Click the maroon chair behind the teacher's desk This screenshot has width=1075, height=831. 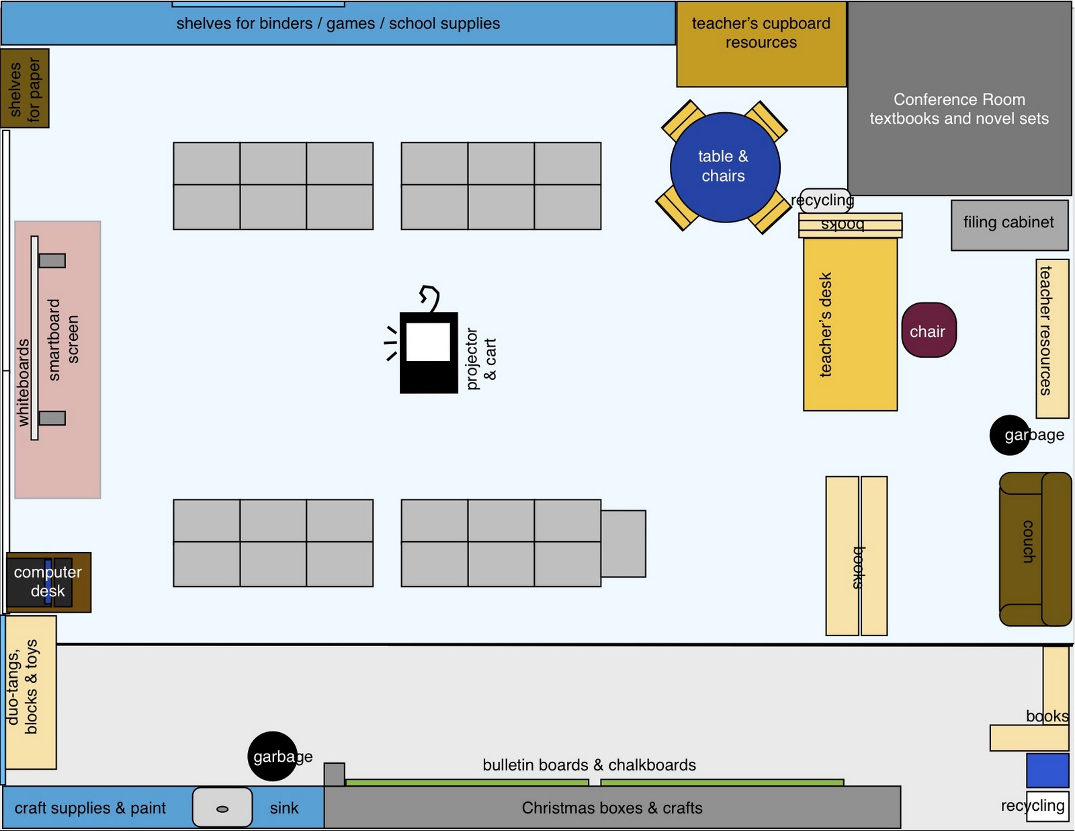click(x=928, y=329)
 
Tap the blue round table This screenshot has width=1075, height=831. click(x=724, y=167)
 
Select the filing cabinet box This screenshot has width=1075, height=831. click(x=1008, y=225)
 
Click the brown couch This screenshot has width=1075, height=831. click(x=1035, y=549)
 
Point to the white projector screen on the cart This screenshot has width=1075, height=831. click(x=428, y=342)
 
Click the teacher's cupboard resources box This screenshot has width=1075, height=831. click(x=761, y=44)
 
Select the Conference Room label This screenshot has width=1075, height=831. click(x=959, y=100)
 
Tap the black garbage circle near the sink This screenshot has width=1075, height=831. click(x=272, y=756)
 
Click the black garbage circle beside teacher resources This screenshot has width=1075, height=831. click(x=1008, y=435)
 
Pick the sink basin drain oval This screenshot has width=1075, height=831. click(x=222, y=809)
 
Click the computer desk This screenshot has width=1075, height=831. click(x=48, y=582)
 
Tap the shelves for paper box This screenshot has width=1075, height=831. click(x=25, y=88)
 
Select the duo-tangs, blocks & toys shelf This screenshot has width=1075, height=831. click(x=31, y=692)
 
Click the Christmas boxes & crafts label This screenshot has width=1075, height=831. click(x=611, y=808)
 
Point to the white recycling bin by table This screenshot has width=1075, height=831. click(x=824, y=200)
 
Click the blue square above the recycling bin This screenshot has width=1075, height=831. click(x=1047, y=770)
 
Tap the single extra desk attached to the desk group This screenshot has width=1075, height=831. click(x=623, y=543)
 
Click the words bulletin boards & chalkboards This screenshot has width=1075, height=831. click(x=589, y=765)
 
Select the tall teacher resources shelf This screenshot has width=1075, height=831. click(x=1051, y=338)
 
